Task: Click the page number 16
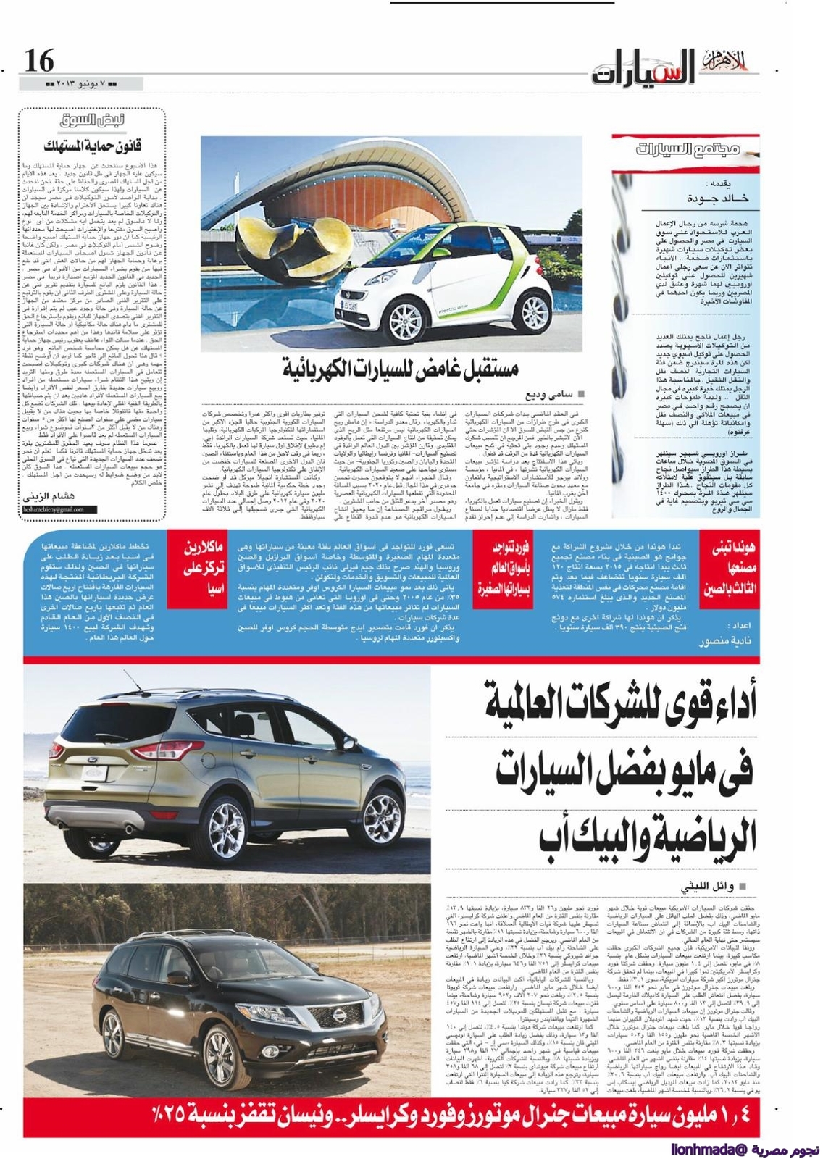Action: pos(39,61)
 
